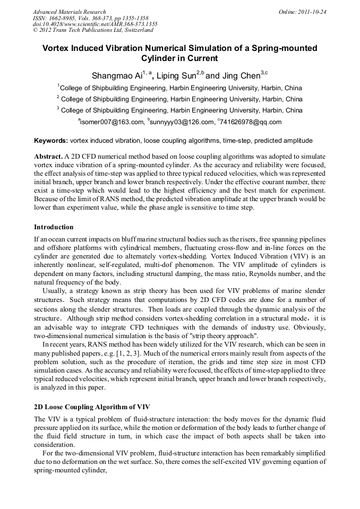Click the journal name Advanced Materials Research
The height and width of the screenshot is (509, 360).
coord(69,12)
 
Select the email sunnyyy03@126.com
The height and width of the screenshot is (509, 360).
coord(181,122)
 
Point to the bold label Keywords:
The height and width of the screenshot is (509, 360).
coord(51,141)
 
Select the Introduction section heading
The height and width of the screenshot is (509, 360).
coord(54,227)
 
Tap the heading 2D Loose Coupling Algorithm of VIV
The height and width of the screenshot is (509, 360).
coord(92,407)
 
